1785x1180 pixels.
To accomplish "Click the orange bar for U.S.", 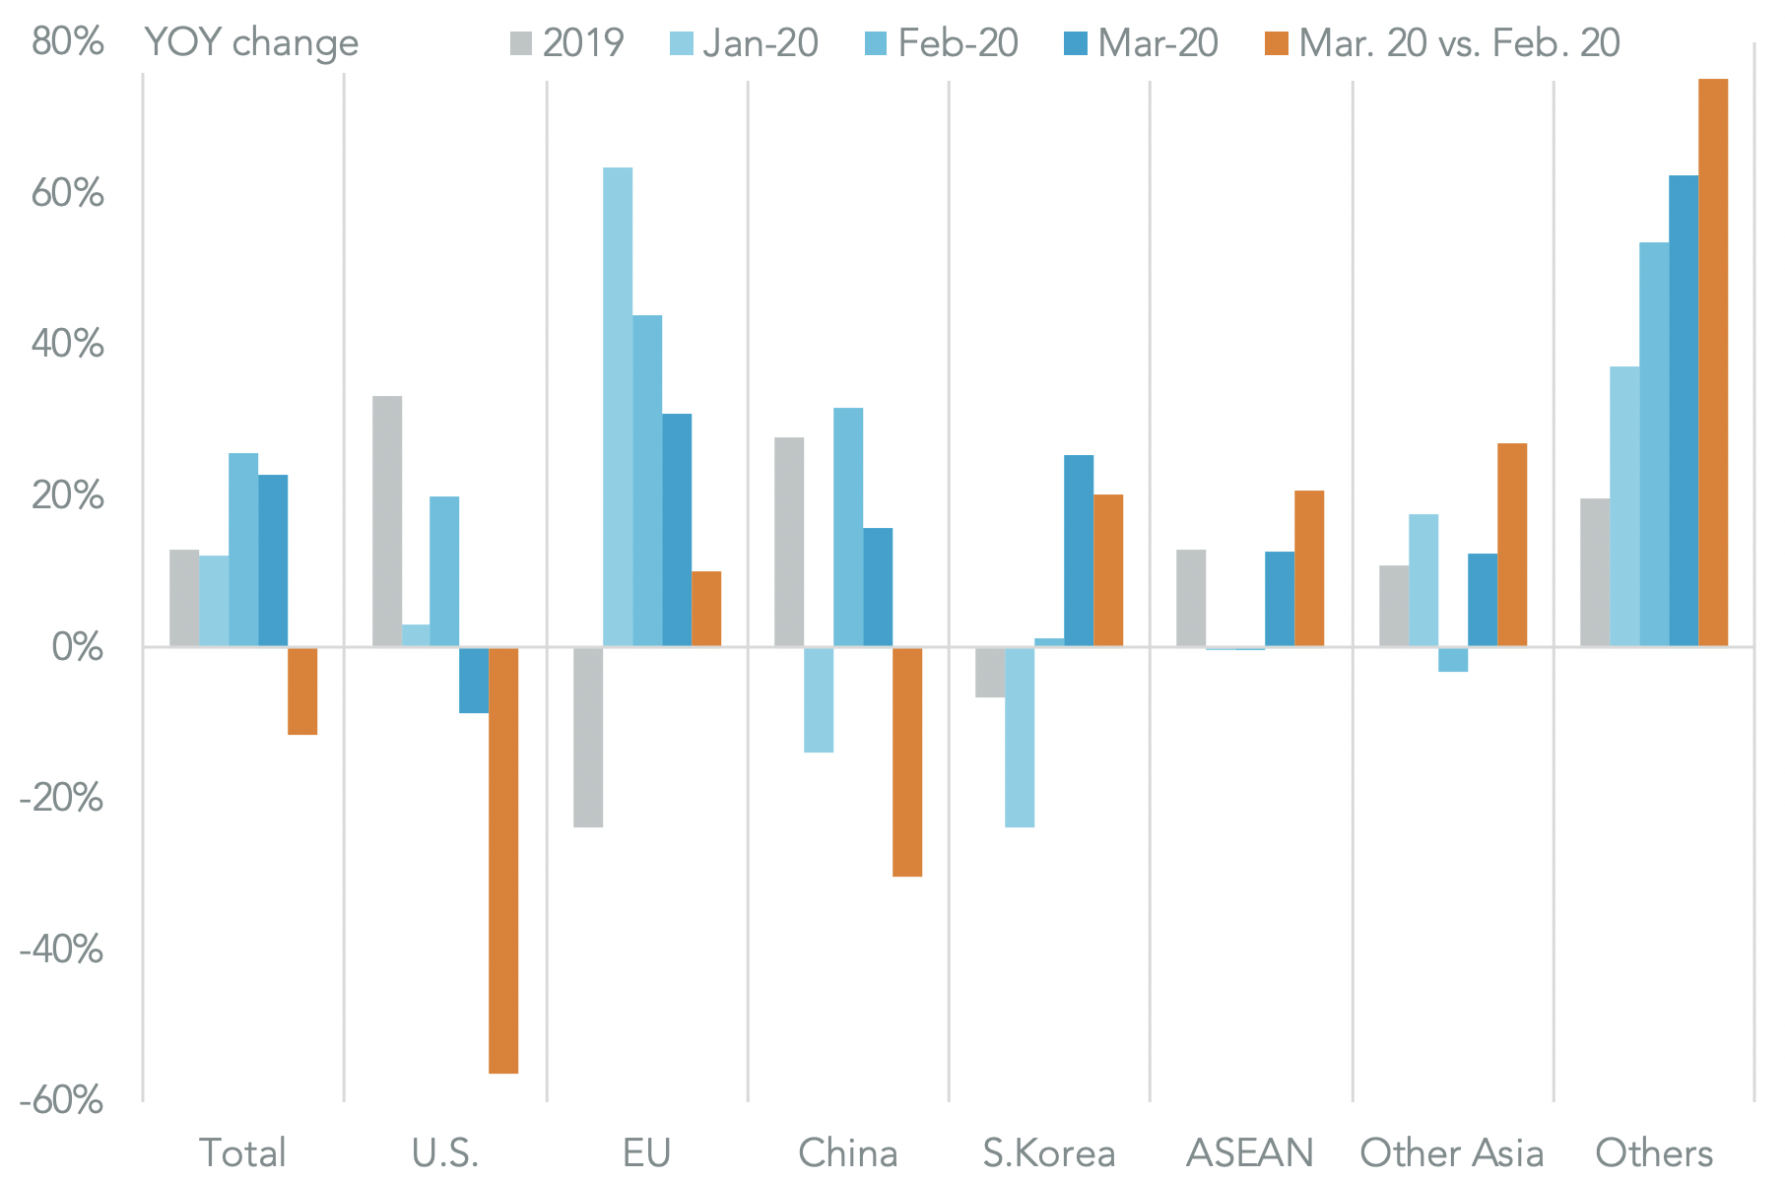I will [x=503, y=859].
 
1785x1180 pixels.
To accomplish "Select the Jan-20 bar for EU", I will [x=618, y=407].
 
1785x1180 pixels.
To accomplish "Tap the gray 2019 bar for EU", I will [x=588, y=737].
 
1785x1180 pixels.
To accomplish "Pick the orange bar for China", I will [x=907, y=761].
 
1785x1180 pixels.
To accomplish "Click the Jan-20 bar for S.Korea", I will [x=1020, y=737].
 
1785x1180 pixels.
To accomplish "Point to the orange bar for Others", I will [x=1713, y=362].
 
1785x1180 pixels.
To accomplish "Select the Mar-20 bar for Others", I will [x=1684, y=411].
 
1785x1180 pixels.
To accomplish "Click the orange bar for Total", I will [x=302, y=690].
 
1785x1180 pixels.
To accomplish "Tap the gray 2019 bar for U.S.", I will [x=387, y=521].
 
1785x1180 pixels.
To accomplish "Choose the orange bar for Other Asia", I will [x=1512, y=545].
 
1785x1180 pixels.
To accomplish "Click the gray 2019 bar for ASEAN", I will [x=1191, y=598].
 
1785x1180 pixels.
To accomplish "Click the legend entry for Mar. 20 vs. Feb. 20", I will [x=1443, y=43].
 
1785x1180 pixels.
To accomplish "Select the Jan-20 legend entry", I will [x=745, y=43].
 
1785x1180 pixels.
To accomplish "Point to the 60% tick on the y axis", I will [x=67, y=194].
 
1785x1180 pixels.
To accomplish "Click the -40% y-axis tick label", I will [x=61, y=951].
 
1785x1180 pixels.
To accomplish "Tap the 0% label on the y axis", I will [x=77, y=648].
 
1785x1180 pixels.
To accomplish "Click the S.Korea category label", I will [x=1049, y=1152].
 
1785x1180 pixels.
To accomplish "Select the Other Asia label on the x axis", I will [x=1452, y=1152].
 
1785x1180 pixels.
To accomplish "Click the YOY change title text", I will [x=251, y=43].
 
